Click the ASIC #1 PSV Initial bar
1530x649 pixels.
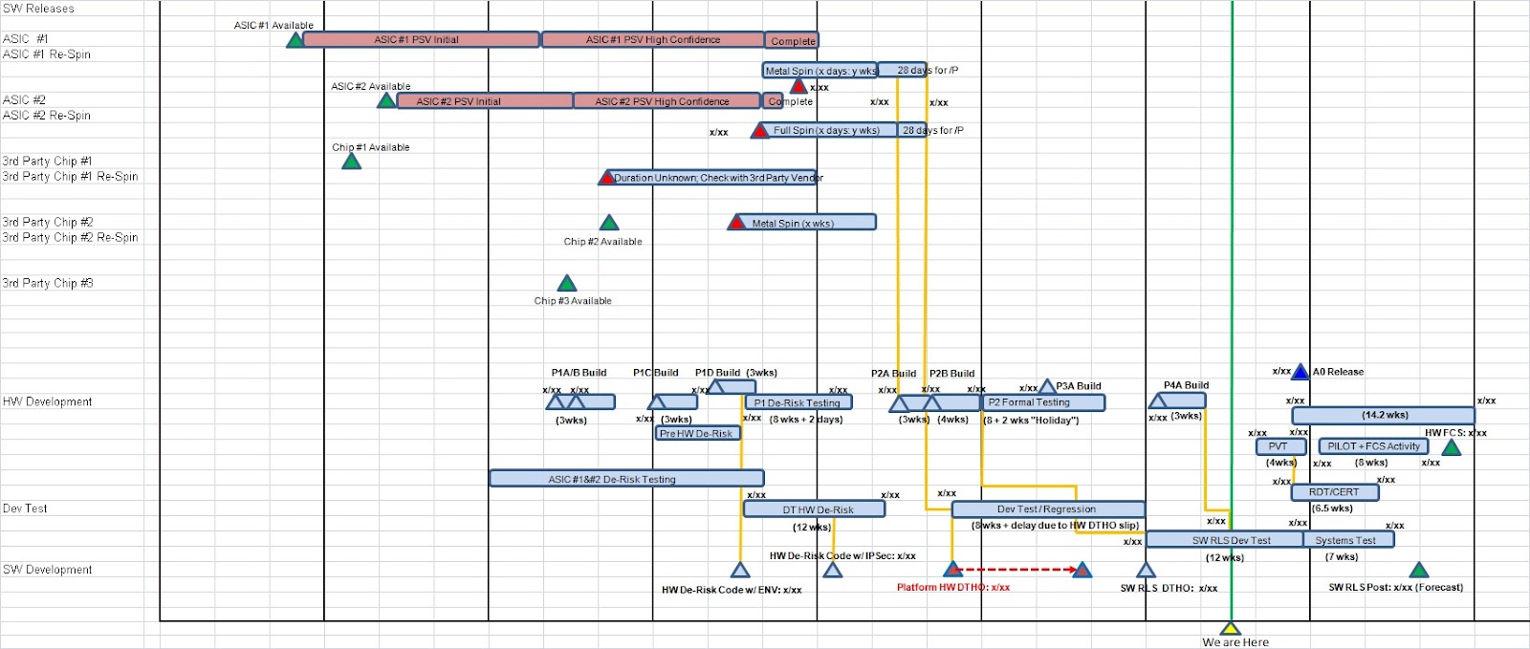click(421, 40)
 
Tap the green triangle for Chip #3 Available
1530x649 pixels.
click(567, 284)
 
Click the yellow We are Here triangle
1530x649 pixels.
click(1231, 629)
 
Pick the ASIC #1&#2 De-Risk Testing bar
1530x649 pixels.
click(626, 479)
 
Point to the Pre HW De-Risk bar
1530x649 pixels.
click(697, 433)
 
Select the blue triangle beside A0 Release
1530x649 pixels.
click(1300, 372)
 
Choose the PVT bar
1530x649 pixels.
click(1280, 446)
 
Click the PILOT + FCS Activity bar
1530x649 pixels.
click(1373, 446)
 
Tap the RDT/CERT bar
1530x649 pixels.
click(1335, 492)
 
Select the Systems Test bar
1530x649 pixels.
click(1347, 540)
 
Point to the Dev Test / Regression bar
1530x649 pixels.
click(1048, 509)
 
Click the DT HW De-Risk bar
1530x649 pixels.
click(814, 509)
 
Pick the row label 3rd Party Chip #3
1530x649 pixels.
click(48, 284)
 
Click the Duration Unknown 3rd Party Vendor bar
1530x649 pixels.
click(712, 178)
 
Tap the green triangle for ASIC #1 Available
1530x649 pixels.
click(295, 40)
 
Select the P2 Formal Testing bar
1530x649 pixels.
click(1043, 402)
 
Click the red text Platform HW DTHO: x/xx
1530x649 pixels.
click(952, 588)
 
